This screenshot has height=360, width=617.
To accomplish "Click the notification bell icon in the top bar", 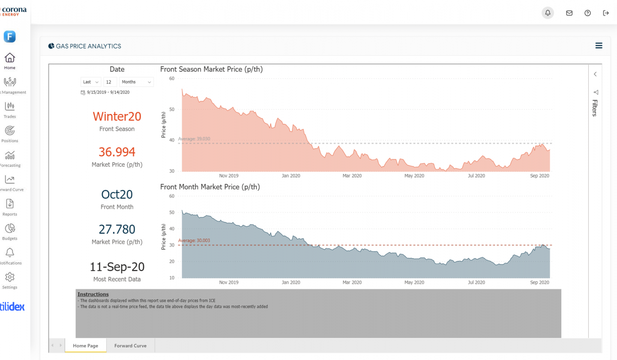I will pos(548,13).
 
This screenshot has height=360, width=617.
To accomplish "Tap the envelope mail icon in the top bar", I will pos(569,13).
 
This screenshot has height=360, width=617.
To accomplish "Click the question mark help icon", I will pos(588,13).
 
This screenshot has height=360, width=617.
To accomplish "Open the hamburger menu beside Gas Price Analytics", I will pos(599,46).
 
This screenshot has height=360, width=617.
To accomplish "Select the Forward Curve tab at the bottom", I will pos(130,345).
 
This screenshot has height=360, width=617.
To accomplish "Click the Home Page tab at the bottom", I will pos(86,345).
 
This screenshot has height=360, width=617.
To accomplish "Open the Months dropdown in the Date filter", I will pos(137,82).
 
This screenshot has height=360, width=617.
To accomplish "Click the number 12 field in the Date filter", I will pos(110,82).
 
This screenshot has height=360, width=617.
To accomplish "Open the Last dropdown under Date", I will pos(91,82).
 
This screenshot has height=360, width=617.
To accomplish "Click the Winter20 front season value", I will pos(117,117).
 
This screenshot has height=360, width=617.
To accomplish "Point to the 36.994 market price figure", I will pos(117,152).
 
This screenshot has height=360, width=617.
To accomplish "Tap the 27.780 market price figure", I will pos(117,229).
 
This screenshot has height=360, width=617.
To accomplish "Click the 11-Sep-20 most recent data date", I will pos(117,267).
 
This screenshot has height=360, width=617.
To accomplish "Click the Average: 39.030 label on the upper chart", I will pos(194,139).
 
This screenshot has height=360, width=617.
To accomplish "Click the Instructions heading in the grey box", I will pos(93,294).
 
